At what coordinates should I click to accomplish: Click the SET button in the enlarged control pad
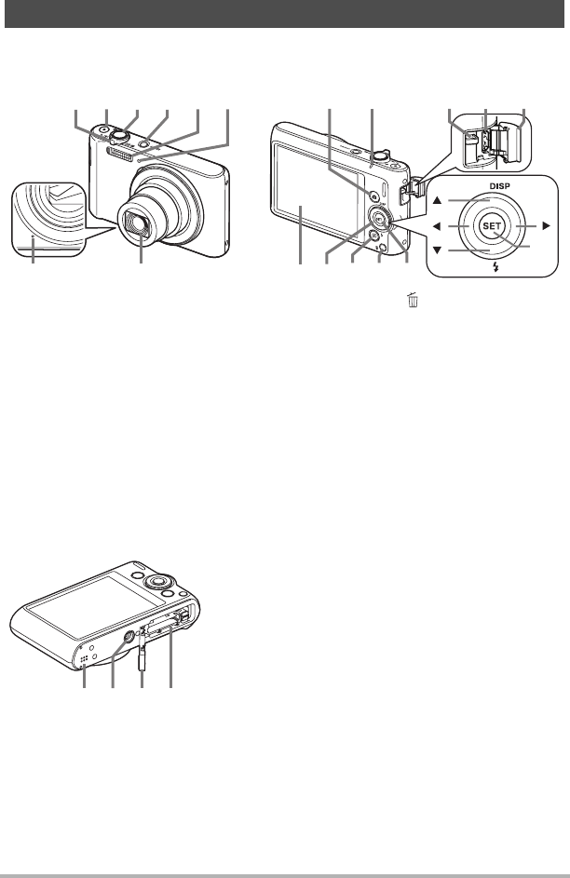tap(492, 226)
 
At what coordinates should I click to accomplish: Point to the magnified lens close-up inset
tap(47, 221)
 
